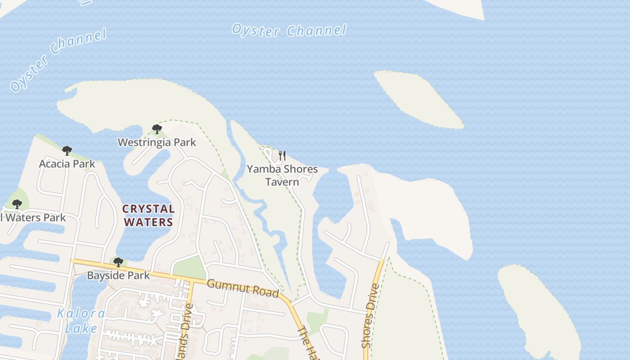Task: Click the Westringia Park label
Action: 157,142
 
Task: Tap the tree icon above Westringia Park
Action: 157,130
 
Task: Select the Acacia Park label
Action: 67,163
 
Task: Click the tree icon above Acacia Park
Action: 67,151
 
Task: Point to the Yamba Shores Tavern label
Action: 282,175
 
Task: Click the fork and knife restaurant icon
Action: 282,156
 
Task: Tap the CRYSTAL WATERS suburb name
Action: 148,215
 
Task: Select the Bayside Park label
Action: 118,275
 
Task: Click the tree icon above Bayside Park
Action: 118,262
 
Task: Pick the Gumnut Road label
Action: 243,288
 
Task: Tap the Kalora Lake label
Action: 81,320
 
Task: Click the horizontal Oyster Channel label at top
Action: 289,31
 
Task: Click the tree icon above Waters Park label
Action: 17,204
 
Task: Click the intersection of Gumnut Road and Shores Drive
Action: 382,260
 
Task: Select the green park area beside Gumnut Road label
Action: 189,268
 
